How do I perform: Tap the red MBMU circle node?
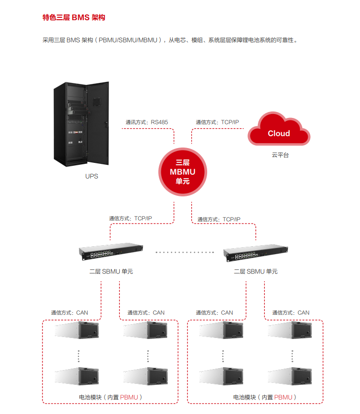point(182,171)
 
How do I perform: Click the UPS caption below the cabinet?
point(92,176)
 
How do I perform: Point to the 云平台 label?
point(280,155)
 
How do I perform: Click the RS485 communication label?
point(146,122)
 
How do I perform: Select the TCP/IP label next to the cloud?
point(217,122)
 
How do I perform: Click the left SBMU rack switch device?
point(111,252)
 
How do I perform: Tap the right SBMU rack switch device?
point(255,252)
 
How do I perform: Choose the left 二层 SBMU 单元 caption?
point(111,271)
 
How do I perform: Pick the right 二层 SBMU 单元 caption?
point(255,271)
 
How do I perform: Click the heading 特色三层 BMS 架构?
point(74,18)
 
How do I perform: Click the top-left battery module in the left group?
point(77,330)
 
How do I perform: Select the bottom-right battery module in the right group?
point(290,376)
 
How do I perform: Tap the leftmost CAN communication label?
point(69,312)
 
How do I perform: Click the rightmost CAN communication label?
point(291,312)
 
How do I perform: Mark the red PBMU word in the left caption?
point(129,397)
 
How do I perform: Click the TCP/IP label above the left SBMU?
point(131,218)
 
